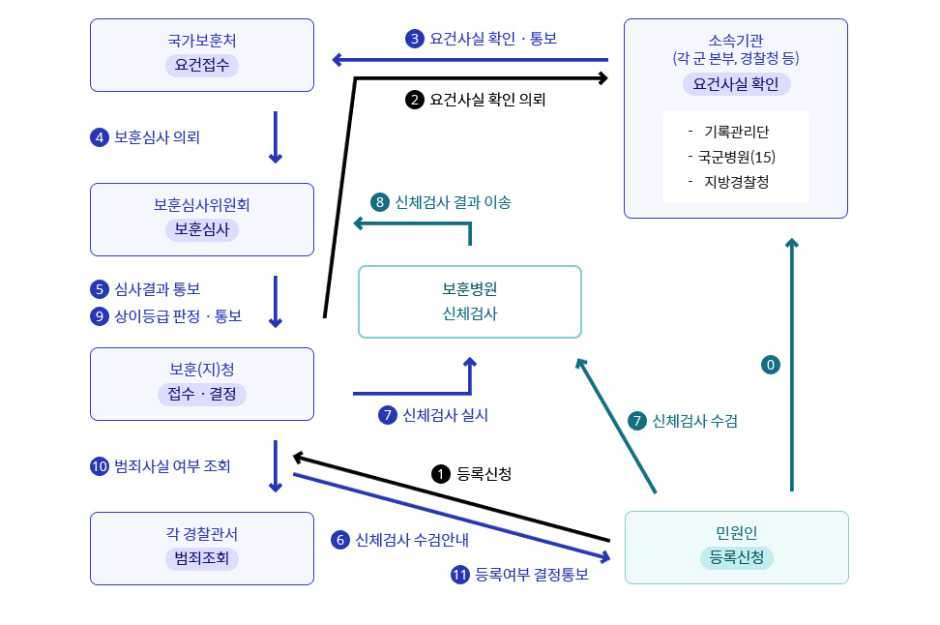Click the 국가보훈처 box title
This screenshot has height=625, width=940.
pyautogui.click(x=201, y=42)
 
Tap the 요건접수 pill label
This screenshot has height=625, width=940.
pyautogui.click(x=201, y=66)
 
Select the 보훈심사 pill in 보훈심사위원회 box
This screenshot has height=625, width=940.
pyautogui.click(x=201, y=229)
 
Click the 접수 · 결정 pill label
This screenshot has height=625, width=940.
pyautogui.click(x=201, y=394)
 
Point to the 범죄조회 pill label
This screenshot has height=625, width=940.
pyautogui.click(x=201, y=558)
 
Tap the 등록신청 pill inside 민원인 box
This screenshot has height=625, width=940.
pyautogui.click(x=736, y=557)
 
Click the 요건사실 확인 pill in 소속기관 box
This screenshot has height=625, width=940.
pyautogui.click(x=736, y=84)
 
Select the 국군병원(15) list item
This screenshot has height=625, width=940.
pyautogui.click(x=736, y=157)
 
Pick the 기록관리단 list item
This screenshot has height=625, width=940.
pyautogui.click(x=736, y=132)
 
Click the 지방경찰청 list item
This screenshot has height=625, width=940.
pyautogui.click(x=736, y=181)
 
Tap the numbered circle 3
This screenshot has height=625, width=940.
pyautogui.click(x=415, y=39)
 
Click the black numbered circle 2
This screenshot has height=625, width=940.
pyautogui.click(x=415, y=99)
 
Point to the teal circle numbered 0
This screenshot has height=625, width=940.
pyautogui.click(x=771, y=365)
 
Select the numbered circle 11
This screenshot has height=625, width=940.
pyautogui.click(x=460, y=574)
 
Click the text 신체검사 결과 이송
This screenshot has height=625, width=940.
pyautogui.click(x=453, y=202)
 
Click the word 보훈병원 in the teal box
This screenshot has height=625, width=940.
pyautogui.click(x=470, y=289)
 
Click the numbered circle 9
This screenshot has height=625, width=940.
pyautogui.click(x=99, y=315)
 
